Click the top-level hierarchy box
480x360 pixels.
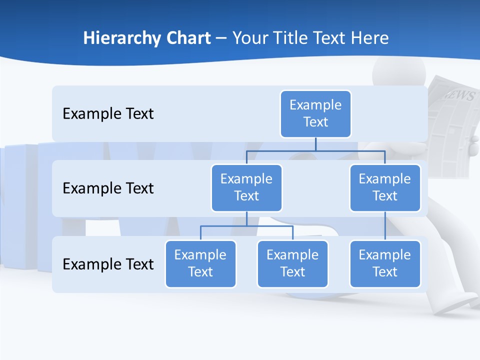coord(315,114)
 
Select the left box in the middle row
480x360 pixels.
coord(246,188)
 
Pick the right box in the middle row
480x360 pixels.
coord(385,188)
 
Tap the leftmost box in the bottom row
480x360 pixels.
coord(200,264)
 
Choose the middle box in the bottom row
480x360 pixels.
coord(292,264)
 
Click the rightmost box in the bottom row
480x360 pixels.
coord(385,264)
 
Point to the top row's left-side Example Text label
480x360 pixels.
coord(108,114)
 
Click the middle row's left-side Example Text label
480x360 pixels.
coord(108,188)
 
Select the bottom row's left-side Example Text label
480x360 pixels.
coord(108,264)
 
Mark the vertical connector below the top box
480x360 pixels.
coord(315,144)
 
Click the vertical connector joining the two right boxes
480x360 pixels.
coord(385,226)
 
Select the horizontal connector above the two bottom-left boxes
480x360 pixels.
coord(246,226)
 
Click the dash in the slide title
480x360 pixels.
coord(221,38)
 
